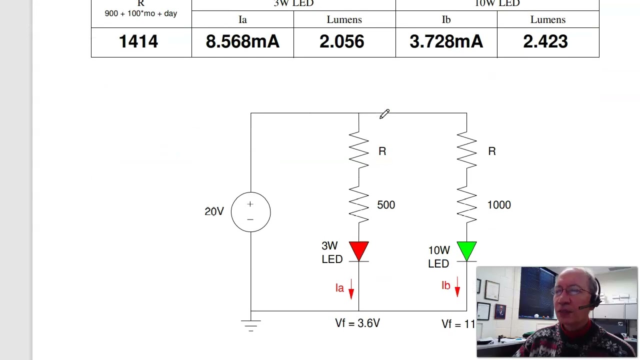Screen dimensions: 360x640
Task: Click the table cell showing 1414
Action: coord(138,42)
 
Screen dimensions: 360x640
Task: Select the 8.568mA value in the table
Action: coord(242,42)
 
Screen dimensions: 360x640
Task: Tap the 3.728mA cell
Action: coord(446,42)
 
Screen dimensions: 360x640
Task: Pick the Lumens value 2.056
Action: coord(342,42)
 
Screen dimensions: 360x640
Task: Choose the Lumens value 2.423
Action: coord(545,42)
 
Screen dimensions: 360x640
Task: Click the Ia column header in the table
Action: coord(242,19)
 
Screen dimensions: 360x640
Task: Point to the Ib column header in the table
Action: coord(446,19)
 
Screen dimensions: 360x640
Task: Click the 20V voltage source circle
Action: coord(250,212)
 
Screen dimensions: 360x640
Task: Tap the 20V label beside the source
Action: coord(214,211)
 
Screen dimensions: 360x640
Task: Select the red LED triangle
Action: coord(358,251)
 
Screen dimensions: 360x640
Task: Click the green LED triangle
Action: coord(466,251)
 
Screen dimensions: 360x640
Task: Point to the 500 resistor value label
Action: coord(386,205)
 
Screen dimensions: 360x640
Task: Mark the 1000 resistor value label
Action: coord(499,205)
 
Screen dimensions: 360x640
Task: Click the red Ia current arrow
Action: coord(351,289)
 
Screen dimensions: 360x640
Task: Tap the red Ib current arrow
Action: coord(457,286)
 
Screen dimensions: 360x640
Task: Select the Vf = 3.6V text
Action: coord(357,323)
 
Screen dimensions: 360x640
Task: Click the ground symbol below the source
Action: coord(250,325)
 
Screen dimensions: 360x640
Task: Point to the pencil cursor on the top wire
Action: coord(384,114)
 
